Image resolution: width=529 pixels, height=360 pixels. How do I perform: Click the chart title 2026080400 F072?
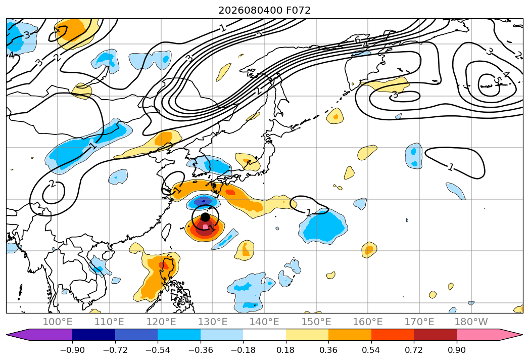pyautogui.click(x=265, y=10)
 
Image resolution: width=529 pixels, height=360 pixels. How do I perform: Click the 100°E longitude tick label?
pyautogui.click(x=58, y=322)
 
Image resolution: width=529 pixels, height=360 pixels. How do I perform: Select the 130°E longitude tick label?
pyautogui.click(x=213, y=322)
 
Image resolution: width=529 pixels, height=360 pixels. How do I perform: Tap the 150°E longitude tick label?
pyautogui.click(x=316, y=322)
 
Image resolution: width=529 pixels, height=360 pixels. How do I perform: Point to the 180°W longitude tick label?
pyautogui.click(x=471, y=322)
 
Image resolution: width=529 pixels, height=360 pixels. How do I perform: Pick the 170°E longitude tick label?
pyautogui.click(x=419, y=322)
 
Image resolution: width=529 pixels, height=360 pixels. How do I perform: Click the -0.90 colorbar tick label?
pyautogui.click(x=72, y=350)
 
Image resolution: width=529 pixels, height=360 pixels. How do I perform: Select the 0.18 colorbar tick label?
pyautogui.click(x=286, y=350)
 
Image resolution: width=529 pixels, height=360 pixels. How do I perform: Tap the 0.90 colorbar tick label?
pyautogui.click(x=456, y=350)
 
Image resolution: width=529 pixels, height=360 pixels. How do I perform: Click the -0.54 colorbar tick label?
pyautogui.click(x=158, y=350)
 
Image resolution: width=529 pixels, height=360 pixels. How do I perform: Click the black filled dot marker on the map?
pyautogui.click(x=205, y=217)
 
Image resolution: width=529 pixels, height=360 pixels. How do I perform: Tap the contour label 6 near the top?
pyautogui.click(x=358, y=40)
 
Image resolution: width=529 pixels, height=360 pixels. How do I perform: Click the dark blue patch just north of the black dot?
pyautogui.click(x=204, y=202)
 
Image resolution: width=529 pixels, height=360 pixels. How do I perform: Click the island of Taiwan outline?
pyautogui.click(x=166, y=232)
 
